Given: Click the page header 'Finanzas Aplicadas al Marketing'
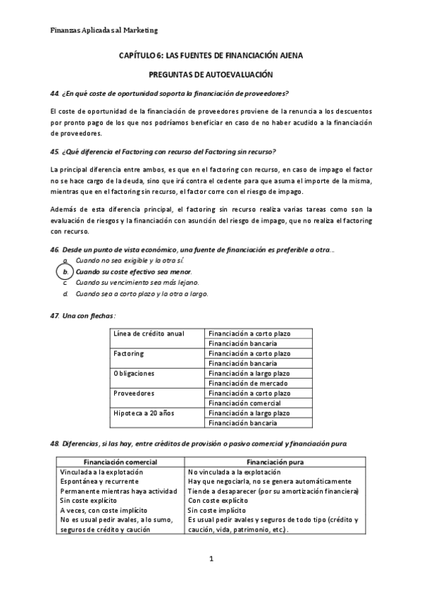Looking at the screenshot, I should pos(104,30).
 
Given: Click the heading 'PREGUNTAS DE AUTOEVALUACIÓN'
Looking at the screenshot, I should pos(211,74).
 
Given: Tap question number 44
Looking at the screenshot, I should pos(55,94).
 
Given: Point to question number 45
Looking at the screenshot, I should pos(55,152).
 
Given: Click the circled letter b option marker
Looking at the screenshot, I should pos(64,271).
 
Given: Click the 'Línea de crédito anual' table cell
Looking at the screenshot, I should pos(149,333).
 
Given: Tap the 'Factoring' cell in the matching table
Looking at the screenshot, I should pos(129,353).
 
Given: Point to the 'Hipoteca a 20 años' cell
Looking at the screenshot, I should pos(144,413).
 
